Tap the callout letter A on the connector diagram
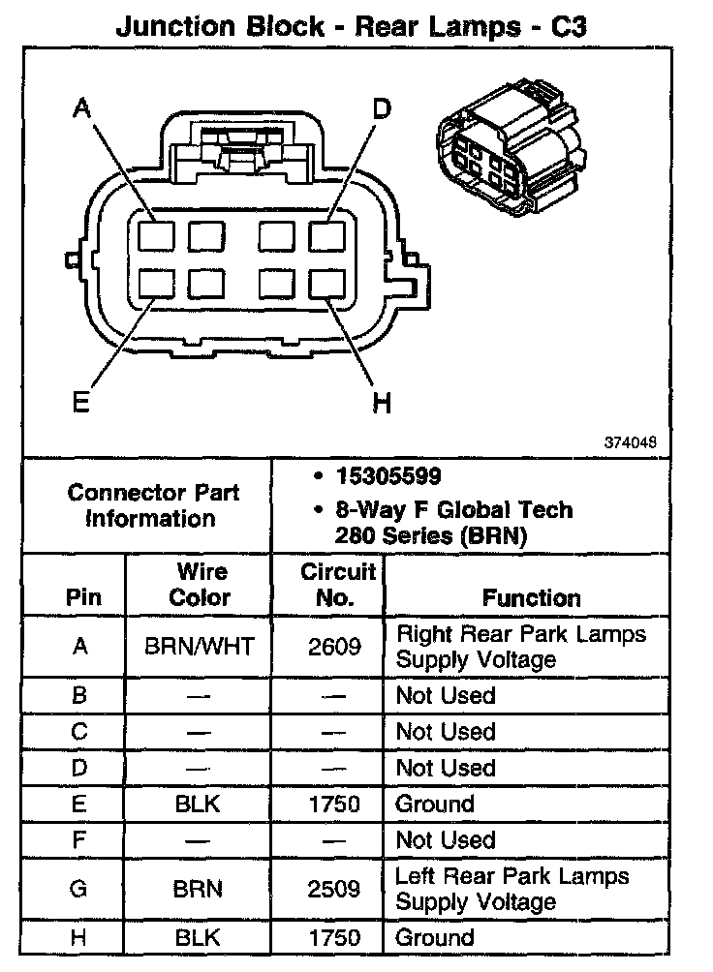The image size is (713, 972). pos(83,109)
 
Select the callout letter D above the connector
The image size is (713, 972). pos(382,108)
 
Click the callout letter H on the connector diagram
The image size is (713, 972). pos(382,402)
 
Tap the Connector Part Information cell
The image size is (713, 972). pos(154,504)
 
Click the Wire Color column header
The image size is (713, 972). pos(200,584)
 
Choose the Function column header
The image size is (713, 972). pos(531,598)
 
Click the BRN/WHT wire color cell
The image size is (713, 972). pos(199,646)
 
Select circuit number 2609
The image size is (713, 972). pos(333,646)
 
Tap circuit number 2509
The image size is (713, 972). pos(333,889)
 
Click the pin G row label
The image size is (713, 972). pos(80,889)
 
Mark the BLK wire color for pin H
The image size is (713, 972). pos(199,937)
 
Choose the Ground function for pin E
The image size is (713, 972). pos(435,804)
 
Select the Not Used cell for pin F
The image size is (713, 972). pos(445,840)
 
